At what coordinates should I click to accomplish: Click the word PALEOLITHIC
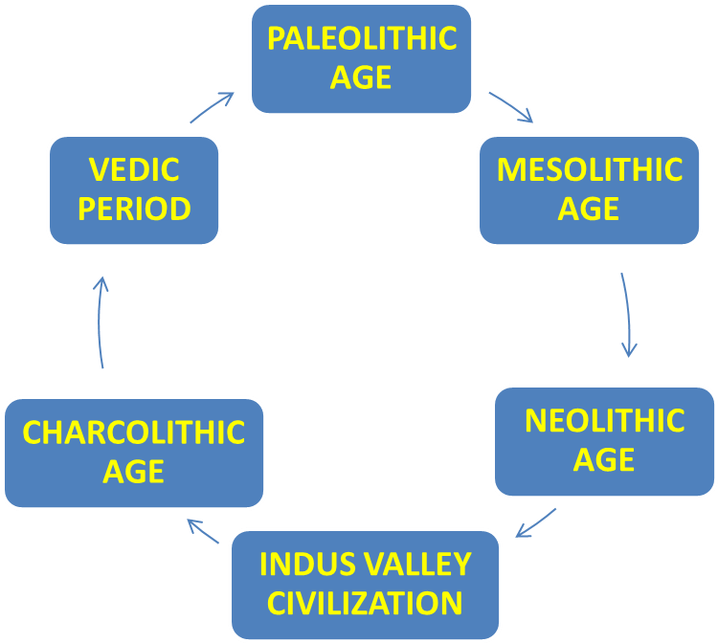click(361, 39)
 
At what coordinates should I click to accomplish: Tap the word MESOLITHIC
click(590, 169)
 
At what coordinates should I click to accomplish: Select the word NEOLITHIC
click(604, 420)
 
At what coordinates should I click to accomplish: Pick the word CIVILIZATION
click(365, 604)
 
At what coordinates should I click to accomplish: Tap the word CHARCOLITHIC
click(134, 432)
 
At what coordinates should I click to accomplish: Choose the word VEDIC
click(134, 169)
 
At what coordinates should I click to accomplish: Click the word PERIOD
click(134, 209)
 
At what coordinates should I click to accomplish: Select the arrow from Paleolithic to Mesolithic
click(510, 107)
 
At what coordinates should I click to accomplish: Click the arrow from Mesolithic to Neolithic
click(627, 316)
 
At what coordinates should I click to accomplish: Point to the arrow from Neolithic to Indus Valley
click(536, 522)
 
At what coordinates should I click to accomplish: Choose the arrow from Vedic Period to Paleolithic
click(213, 107)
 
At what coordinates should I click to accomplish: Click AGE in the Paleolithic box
click(361, 78)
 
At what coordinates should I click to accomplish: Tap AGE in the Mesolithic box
click(590, 208)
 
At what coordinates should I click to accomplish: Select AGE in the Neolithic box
click(604, 459)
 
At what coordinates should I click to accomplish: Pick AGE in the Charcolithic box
click(134, 472)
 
